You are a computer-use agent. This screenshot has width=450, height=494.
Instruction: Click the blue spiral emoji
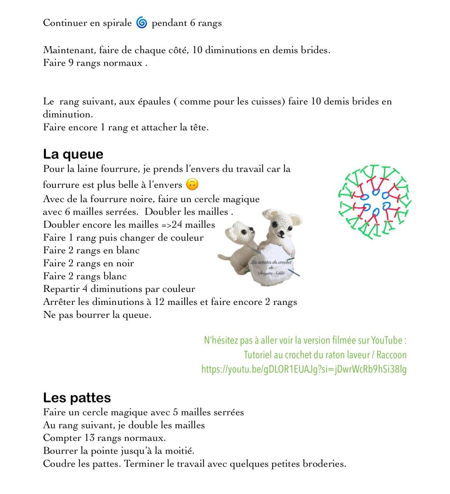tap(141, 23)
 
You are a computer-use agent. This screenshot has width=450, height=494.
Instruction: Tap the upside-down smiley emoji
tap(192, 184)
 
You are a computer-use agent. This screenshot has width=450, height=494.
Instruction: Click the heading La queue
tap(73, 154)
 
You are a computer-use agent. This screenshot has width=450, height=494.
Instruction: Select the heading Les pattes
tap(77, 398)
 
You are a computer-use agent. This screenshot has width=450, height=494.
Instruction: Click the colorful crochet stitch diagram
tap(375, 202)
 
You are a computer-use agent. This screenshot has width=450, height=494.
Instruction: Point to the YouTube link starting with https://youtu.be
tap(304, 370)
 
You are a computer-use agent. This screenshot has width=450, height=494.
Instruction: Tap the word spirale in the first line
tap(115, 23)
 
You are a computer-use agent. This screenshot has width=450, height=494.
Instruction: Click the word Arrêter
tap(60, 302)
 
